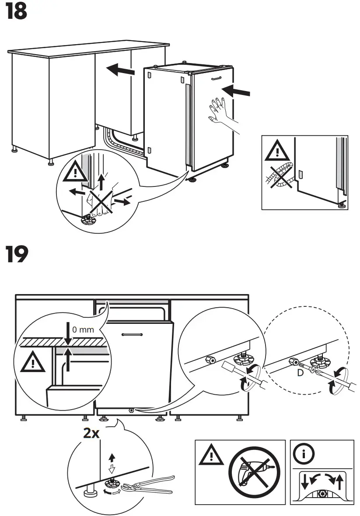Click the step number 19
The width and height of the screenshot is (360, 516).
(x=17, y=255)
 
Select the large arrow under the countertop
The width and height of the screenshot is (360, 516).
(x=120, y=69)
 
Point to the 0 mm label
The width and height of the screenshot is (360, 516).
(x=83, y=330)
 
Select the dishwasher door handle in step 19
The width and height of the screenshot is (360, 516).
(x=132, y=334)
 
